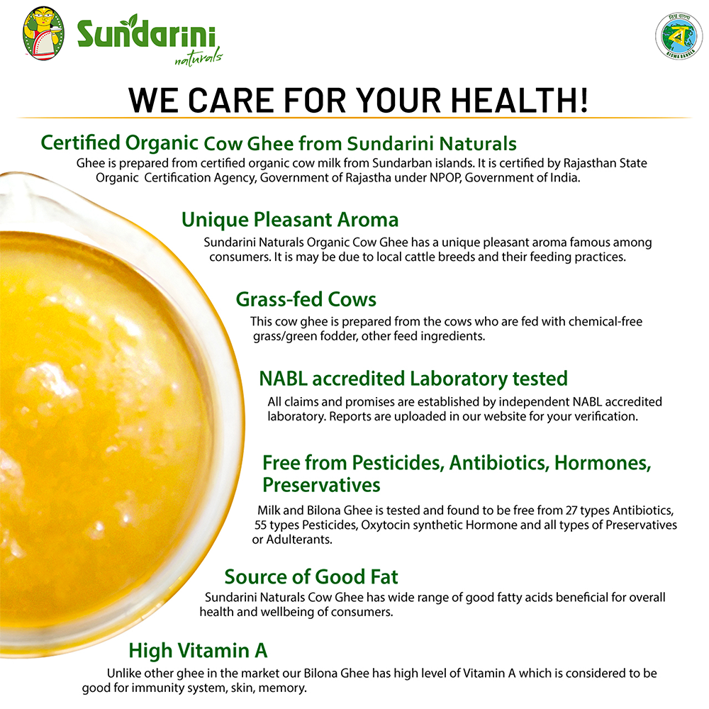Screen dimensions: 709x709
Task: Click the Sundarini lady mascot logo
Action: [x=43, y=33]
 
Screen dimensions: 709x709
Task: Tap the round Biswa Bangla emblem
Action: [x=679, y=36]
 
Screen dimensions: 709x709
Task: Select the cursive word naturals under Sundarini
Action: [x=199, y=58]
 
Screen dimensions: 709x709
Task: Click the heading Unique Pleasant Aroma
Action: [x=290, y=220]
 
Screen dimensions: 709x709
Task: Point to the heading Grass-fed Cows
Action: [x=306, y=299]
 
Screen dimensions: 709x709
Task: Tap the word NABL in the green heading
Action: [x=283, y=379]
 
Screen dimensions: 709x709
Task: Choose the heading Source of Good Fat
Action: [x=311, y=577]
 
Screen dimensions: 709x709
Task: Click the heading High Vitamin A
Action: [x=198, y=651]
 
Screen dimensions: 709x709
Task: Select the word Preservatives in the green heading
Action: [x=321, y=485]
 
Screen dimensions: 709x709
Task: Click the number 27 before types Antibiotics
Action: [x=571, y=510]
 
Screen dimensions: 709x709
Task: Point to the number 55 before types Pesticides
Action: [x=260, y=525]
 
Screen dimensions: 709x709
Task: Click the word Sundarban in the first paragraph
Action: [x=394, y=163]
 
